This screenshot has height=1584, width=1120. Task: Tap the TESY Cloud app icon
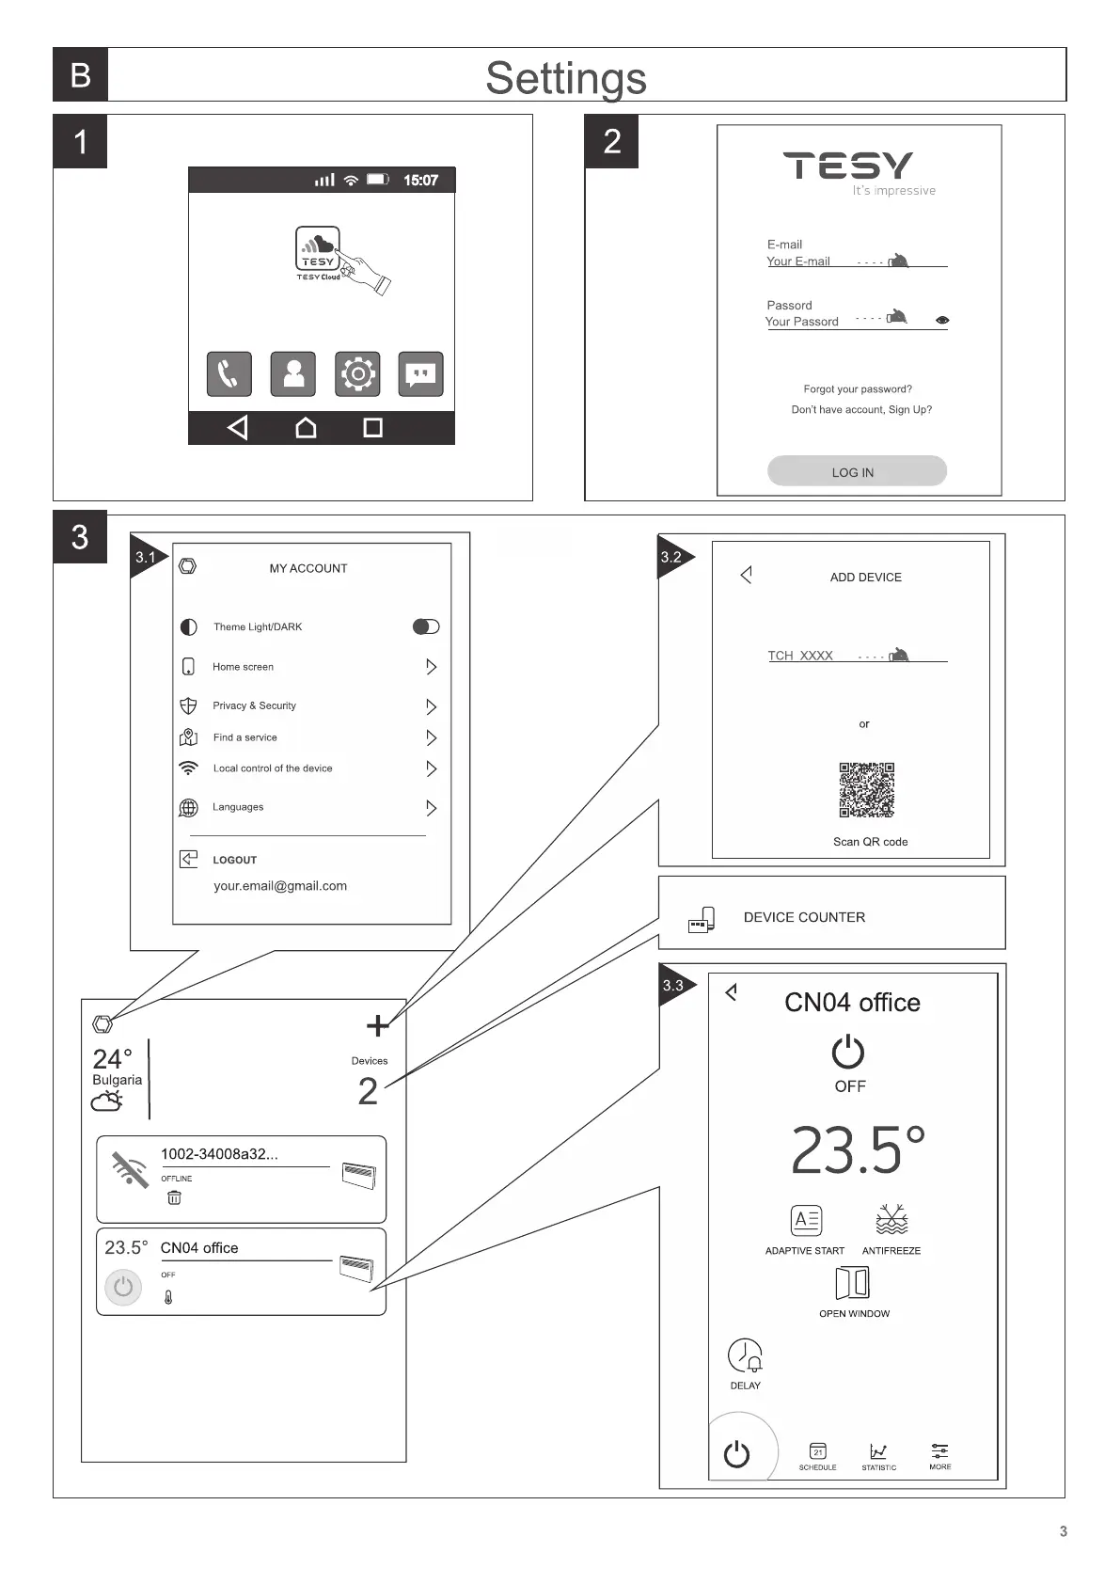coord(317,248)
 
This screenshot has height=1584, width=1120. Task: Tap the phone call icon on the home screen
coord(229,374)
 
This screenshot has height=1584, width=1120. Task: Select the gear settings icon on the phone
coord(357,374)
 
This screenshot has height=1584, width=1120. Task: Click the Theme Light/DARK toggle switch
coord(426,626)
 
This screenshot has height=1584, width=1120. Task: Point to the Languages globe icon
coord(188,808)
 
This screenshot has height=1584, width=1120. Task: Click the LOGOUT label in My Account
coord(234,860)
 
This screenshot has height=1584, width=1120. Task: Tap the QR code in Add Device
coord(866,789)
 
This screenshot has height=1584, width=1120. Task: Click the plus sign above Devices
coord(377,1025)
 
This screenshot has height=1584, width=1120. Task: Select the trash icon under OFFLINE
coord(174,1197)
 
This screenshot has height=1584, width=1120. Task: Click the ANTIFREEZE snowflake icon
coord(891,1220)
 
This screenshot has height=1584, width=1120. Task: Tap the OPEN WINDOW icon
coord(853,1283)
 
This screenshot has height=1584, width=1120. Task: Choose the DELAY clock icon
coord(745,1355)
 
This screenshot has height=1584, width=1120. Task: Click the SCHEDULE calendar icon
coord(817,1451)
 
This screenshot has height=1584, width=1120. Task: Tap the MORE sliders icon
coord(939,1451)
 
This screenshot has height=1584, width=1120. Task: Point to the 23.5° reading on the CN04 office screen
coord(857,1150)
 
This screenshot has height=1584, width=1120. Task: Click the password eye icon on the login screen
coord(942,321)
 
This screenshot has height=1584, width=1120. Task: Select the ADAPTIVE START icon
coord(806,1220)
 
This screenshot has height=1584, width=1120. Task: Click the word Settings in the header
coord(566,77)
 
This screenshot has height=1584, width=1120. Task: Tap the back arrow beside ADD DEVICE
coord(746,575)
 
